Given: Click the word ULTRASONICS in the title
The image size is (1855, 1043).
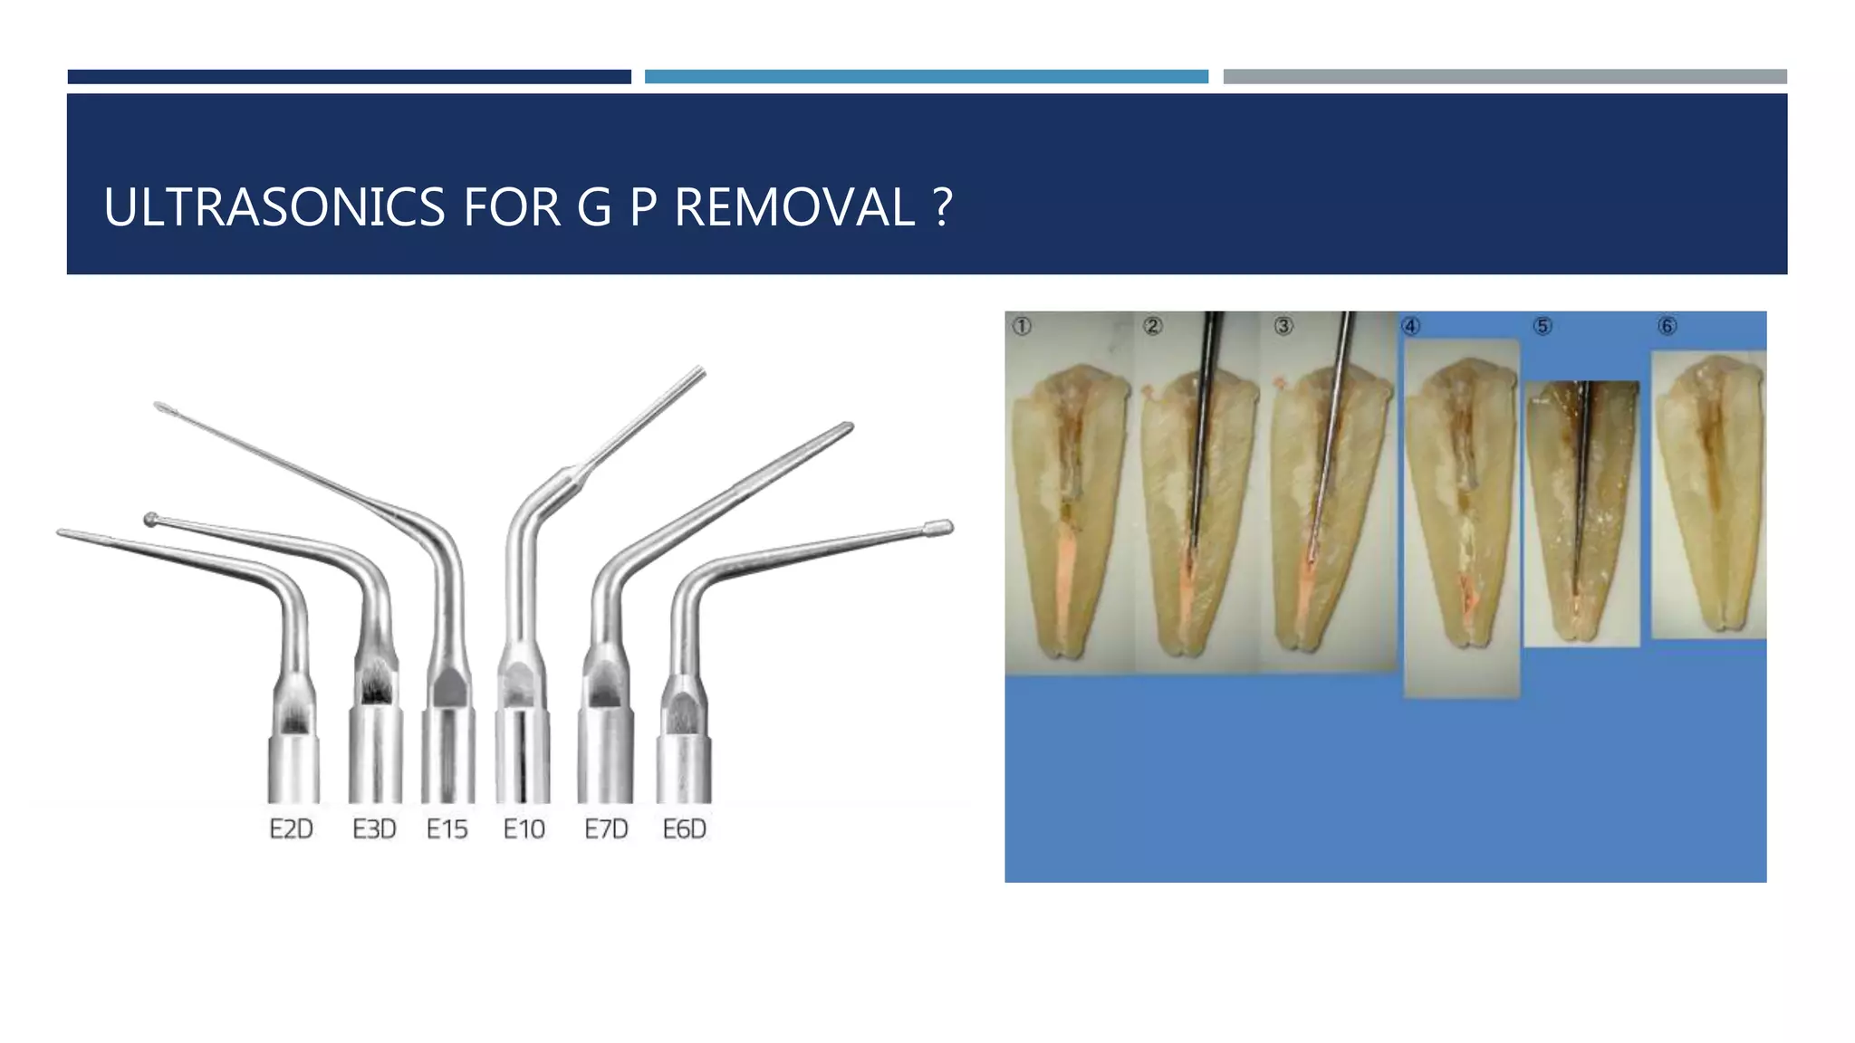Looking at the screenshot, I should [x=274, y=207].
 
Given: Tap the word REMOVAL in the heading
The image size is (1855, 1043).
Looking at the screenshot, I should [x=794, y=207].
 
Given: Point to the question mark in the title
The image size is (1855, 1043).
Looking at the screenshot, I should [x=942, y=207].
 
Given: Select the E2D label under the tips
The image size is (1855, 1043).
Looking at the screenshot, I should [x=291, y=829].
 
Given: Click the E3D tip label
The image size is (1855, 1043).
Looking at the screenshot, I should [x=374, y=829].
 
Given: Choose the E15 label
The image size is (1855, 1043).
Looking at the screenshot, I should [x=447, y=829].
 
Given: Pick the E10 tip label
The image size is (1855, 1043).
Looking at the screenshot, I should [x=524, y=829].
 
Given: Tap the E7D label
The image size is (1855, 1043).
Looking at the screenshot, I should [x=606, y=829].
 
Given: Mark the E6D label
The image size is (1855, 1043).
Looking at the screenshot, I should [x=684, y=829].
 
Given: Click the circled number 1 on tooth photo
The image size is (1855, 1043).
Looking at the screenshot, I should [x=1022, y=326].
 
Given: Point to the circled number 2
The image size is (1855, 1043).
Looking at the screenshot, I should [x=1152, y=326].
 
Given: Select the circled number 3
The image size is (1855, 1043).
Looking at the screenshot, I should [x=1283, y=326].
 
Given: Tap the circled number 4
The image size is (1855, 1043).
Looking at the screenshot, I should [x=1411, y=326].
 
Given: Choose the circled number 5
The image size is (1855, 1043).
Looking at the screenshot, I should [x=1543, y=326].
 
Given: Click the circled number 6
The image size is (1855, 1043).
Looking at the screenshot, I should [x=1667, y=326].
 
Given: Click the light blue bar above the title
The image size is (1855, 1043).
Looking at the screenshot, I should [x=926, y=77].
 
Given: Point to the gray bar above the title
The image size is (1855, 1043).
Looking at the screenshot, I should [x=1504, y=77].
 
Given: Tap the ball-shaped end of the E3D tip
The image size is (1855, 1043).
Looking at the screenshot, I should [x=151, y=519].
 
